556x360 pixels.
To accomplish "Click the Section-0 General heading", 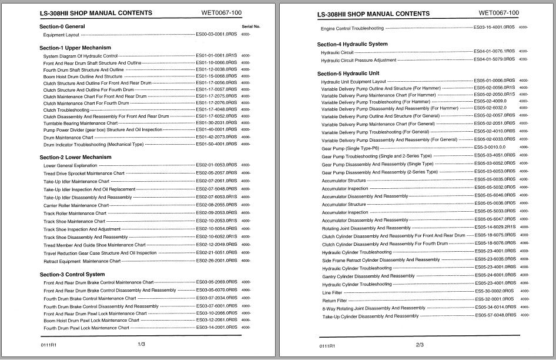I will (62, 26).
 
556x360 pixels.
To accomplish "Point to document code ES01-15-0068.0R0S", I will (216, 76).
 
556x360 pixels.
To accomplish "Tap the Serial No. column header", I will (250, 26).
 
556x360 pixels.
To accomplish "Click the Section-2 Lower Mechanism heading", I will (75, 157).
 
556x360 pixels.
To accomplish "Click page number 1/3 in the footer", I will (142, 344).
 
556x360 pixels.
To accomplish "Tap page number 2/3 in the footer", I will (420, 345).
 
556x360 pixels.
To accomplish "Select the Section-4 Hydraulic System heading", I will (352, 44).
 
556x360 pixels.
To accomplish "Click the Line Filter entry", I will (331, 292).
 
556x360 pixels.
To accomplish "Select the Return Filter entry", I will (334, 300).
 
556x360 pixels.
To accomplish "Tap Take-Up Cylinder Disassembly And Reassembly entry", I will (369, 316).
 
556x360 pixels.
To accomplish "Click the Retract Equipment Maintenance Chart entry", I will (82, 261).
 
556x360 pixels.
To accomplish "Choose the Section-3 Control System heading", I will (72, 274).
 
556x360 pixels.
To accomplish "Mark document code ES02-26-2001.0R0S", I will (216, 260).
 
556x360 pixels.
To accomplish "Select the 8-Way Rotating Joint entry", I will (373, 308).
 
